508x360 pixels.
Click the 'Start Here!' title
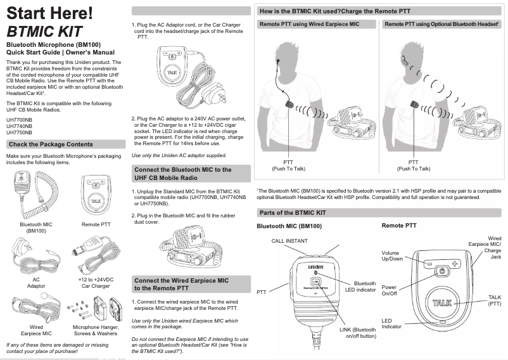pos(49,12)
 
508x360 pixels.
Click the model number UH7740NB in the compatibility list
pos(20,126)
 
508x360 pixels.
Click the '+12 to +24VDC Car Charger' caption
pos(96,282)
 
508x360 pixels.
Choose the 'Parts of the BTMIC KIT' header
pos(291,213)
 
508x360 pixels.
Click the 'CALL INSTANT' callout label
pos(289,241)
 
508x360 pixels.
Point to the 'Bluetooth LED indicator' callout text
pos(364,286)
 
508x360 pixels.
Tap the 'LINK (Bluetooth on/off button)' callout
pos(358,333)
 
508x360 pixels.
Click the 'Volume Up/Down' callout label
pos(391,256)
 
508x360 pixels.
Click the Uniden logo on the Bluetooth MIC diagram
pos(316,267)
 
